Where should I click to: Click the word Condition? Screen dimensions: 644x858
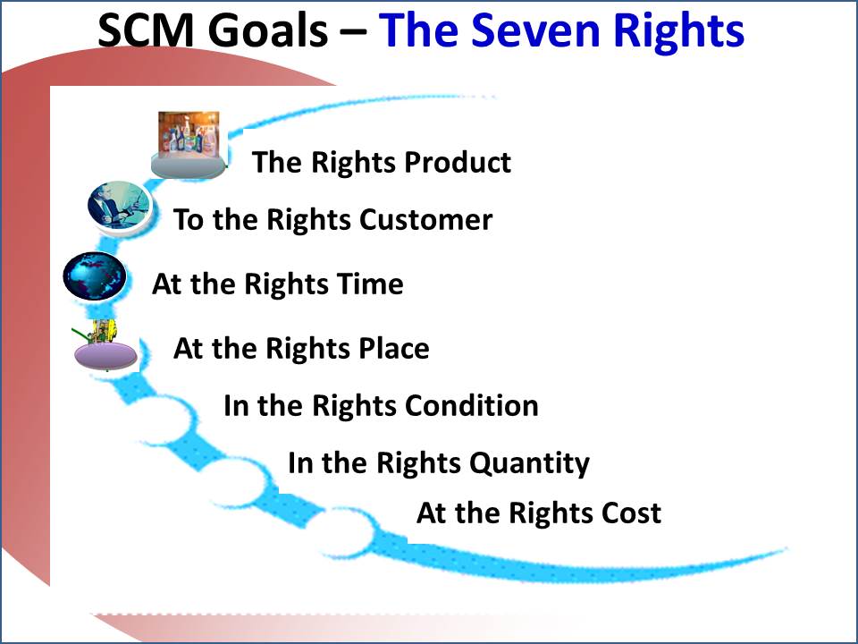[472, 405]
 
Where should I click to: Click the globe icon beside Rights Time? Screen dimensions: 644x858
[95, 276]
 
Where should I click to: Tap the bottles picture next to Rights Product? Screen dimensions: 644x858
[189, 136]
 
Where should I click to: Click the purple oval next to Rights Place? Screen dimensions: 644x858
[106, 354]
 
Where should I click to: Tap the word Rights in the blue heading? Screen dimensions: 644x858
[669, 30]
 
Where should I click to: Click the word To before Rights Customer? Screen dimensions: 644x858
[189, 219]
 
